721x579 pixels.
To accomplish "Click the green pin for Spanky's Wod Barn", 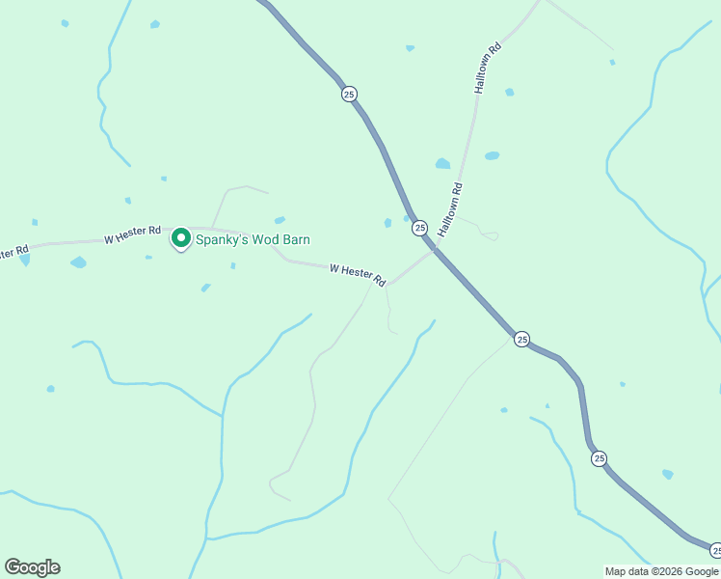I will (180, 237).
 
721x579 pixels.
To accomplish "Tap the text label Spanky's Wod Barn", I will (253, 239).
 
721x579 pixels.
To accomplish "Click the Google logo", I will (32, 567).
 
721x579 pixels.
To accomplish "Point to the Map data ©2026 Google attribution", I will (661, 571).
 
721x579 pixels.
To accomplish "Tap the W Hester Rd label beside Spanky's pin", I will (133, 233).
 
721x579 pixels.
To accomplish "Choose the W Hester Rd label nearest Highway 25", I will (358, 274).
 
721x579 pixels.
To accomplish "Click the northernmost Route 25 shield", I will (349, 94).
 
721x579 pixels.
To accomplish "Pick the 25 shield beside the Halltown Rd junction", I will (419, 228).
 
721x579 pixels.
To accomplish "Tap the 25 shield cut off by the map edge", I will (715, 550).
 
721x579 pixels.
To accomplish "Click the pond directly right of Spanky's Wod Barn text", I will (280, 220).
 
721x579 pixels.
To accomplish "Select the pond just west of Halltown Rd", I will (442, 164).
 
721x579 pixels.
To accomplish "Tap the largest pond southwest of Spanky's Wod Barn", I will (78, 262).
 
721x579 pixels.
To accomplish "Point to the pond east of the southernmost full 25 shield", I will (667, 474).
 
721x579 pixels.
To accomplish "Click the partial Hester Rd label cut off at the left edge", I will (13, 253).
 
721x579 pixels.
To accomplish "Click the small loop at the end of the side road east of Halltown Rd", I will (491, 234).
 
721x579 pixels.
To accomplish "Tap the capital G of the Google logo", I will (13, 567).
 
